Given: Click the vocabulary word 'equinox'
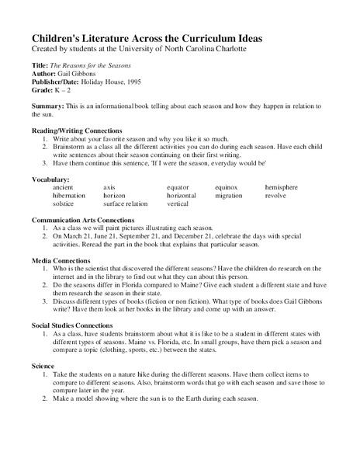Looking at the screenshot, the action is (227, 187).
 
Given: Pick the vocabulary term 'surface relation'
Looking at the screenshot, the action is (125, 203).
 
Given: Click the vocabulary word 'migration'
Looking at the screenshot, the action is (229, 196).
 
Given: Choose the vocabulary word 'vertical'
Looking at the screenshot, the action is (178, 203).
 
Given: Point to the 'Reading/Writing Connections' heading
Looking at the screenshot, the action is (77, 130).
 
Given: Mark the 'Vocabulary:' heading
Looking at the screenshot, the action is (50, 179).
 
